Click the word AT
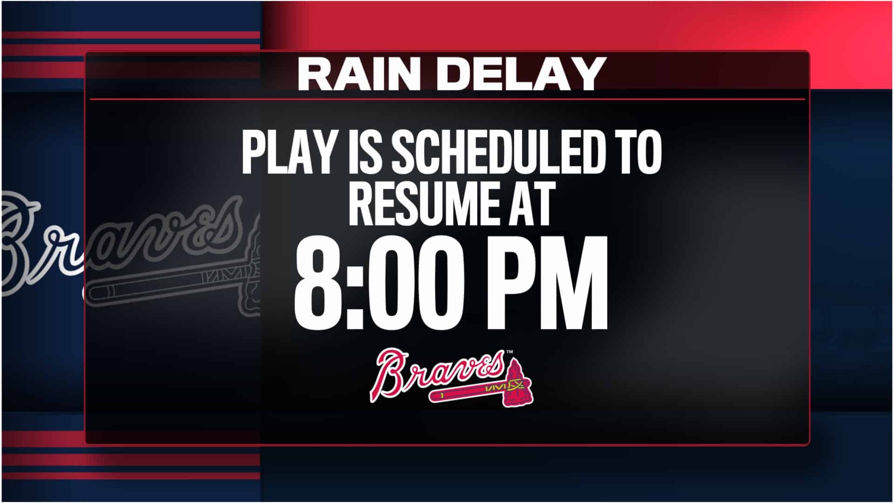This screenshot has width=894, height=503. coord(527,203)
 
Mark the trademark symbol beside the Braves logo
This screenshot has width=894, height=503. coord(510,353)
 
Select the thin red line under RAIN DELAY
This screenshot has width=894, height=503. coord(447,99)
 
